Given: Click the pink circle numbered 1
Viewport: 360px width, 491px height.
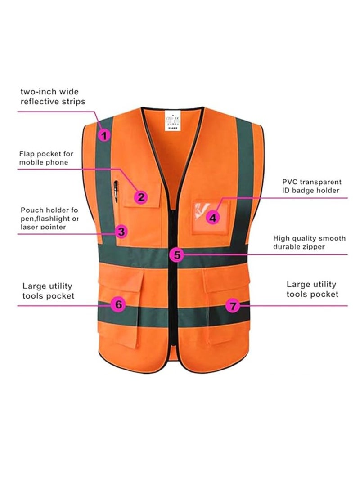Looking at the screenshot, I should (x=104, y=134).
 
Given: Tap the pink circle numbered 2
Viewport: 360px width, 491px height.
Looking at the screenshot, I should (x=141, y=196).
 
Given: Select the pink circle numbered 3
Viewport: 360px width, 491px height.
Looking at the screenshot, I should (x=121, y=232).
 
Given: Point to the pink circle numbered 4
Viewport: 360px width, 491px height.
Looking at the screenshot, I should (x=213, y=218).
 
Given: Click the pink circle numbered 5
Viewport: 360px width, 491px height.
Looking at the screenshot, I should (x=177, y=255).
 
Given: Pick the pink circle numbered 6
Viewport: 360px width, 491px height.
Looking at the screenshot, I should (x=118, y=304).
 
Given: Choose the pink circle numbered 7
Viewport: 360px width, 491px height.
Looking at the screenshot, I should (x=232, y=306).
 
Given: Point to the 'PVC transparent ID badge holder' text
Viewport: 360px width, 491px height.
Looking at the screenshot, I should (x=310, y=187).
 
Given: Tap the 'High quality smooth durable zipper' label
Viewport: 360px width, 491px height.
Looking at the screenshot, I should (x=309, y=242).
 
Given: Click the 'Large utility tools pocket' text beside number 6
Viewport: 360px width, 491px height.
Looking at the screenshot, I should (x=49, y=291).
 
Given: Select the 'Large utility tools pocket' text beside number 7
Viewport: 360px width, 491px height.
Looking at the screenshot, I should (x=312, y=289).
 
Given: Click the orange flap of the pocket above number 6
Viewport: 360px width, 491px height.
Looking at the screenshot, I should (x=118, y=281).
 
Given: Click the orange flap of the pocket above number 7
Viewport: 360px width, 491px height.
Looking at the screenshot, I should (x=227, y=281).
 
